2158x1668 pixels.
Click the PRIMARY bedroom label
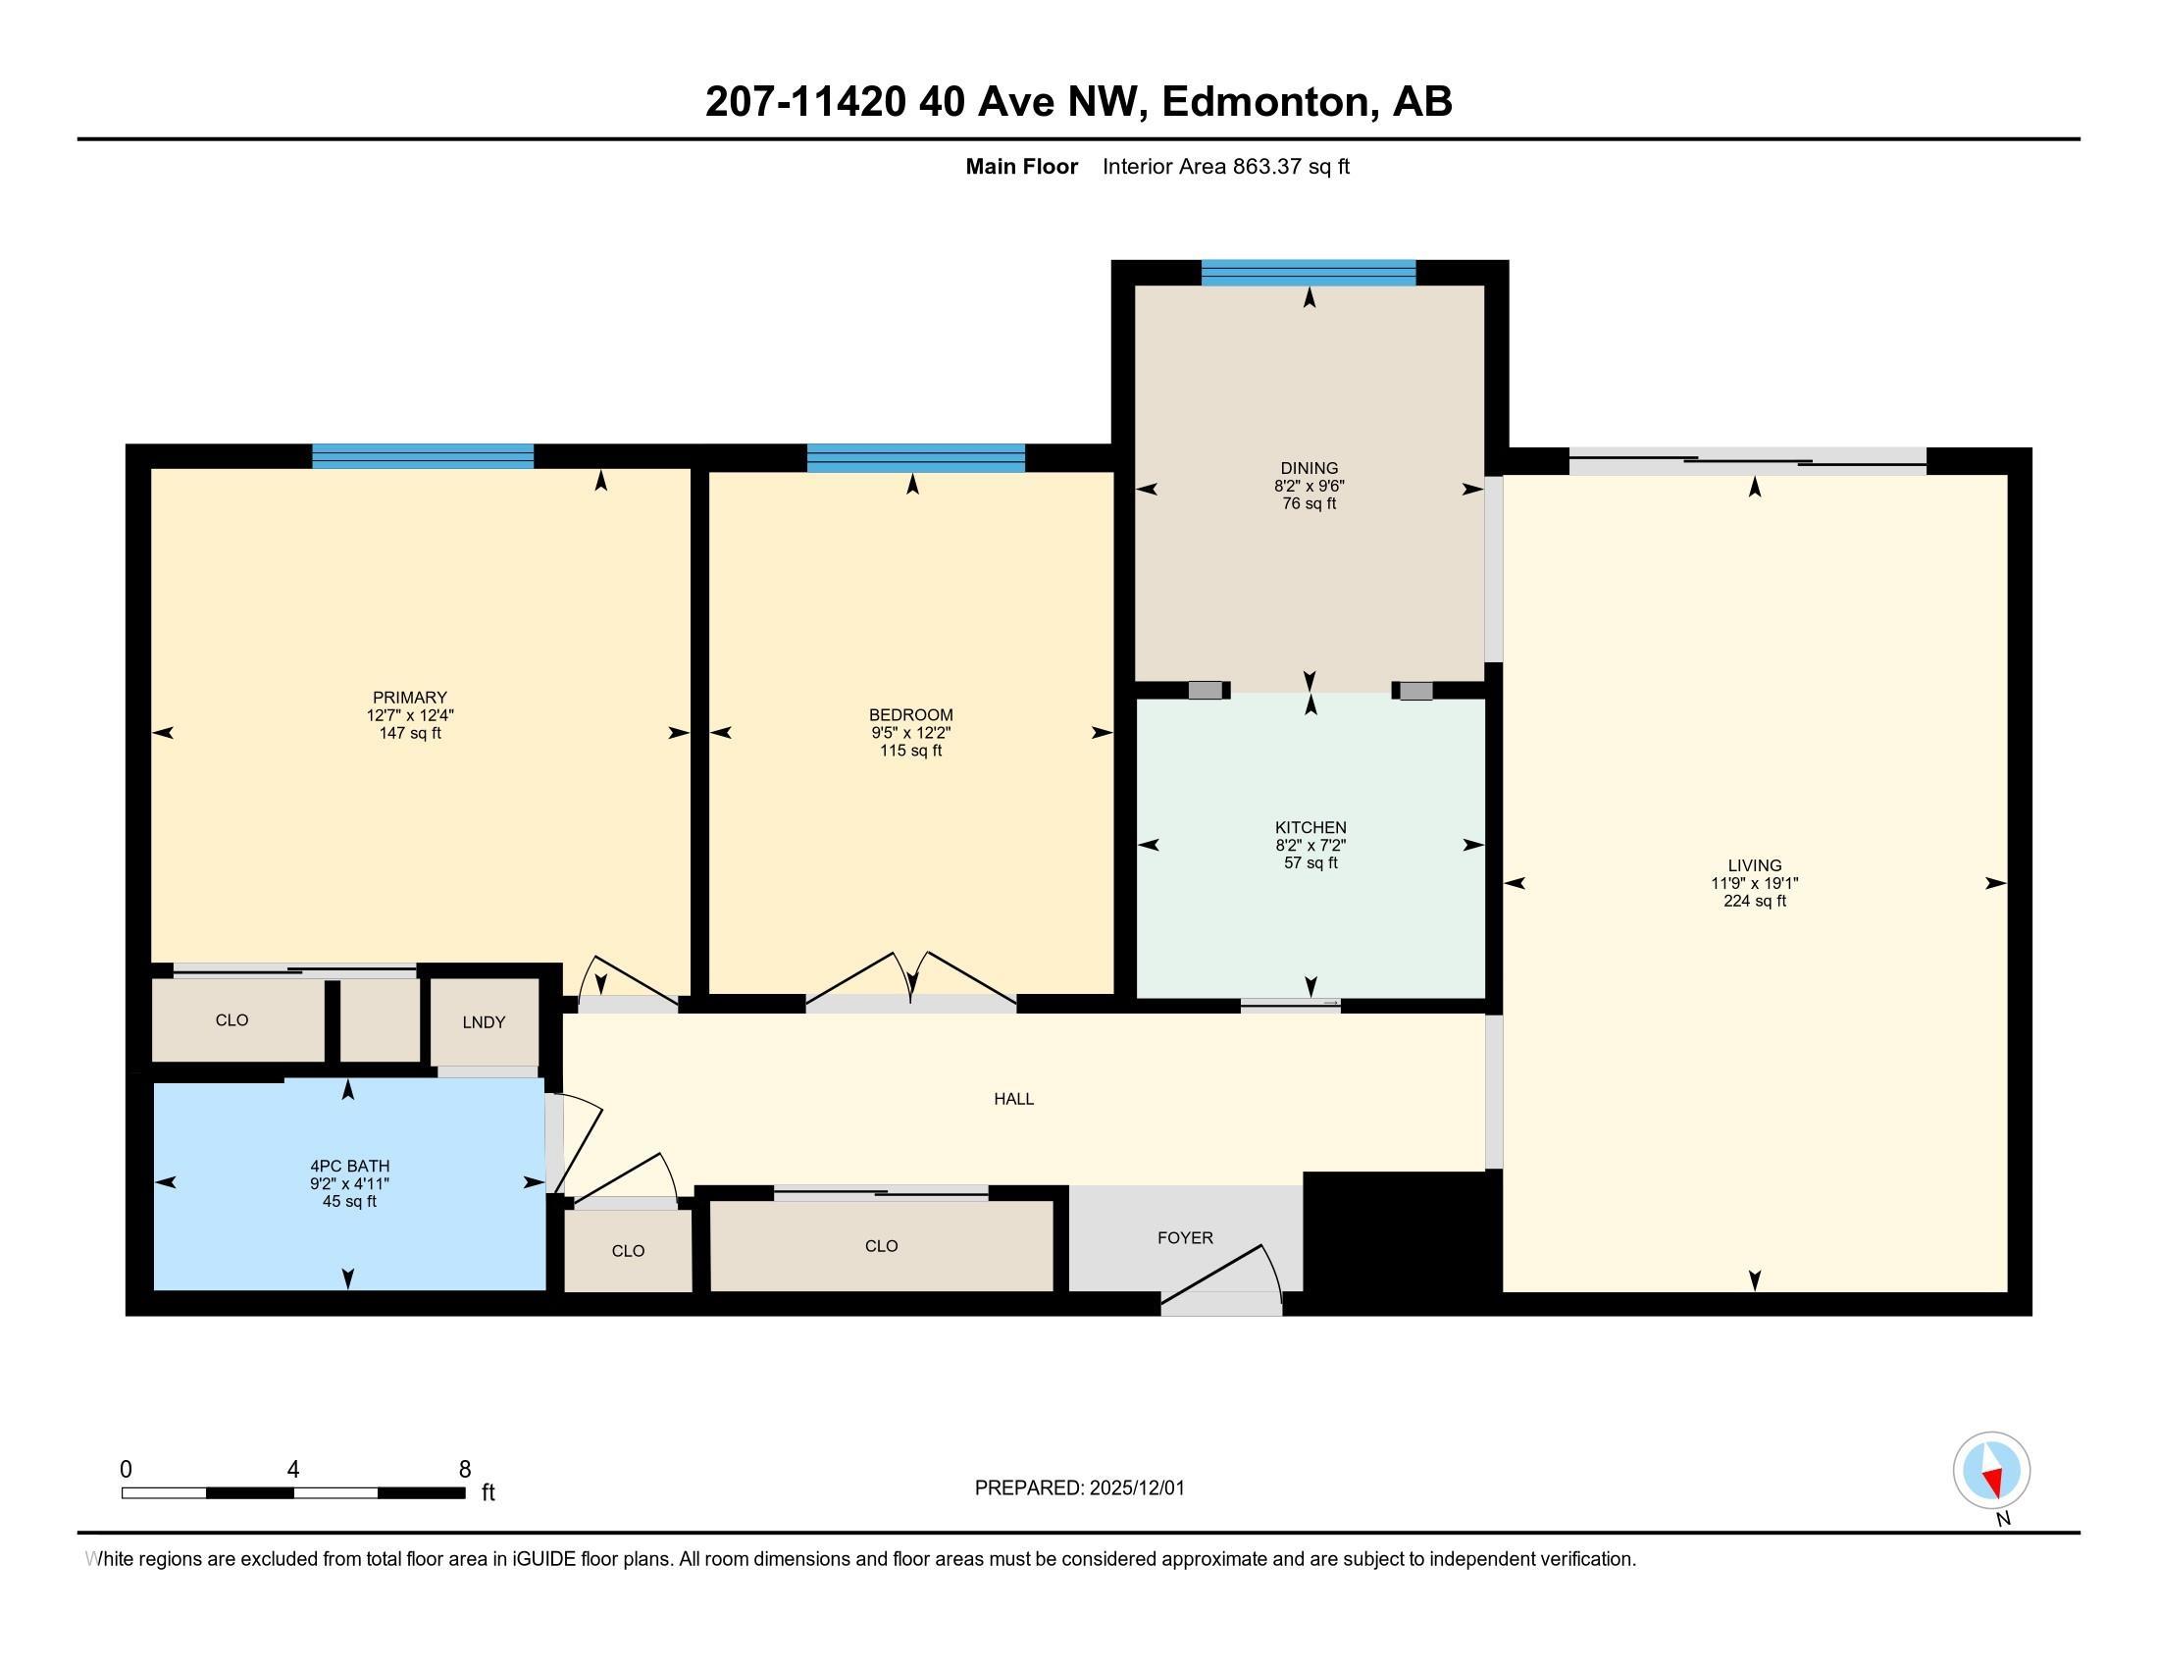409,697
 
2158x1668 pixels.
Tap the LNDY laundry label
485,1021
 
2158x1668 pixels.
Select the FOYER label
1185,1237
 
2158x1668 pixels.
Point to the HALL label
1014,1098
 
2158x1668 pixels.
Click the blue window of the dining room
1309,273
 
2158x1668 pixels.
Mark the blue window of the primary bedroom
423,456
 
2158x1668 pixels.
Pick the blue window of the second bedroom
916,458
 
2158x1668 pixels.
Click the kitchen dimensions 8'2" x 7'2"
1310,845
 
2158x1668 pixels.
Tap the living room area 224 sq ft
1755,900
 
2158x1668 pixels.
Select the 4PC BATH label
350,1166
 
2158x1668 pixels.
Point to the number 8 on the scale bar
465,1470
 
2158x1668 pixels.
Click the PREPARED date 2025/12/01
1136,1487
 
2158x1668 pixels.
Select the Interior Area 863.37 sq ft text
1225,166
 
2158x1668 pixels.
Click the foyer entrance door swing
1222,1279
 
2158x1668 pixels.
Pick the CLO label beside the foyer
882,1246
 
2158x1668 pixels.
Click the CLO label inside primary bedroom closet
232,1019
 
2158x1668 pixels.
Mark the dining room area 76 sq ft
1309,503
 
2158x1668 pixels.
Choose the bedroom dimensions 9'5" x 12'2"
911,732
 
